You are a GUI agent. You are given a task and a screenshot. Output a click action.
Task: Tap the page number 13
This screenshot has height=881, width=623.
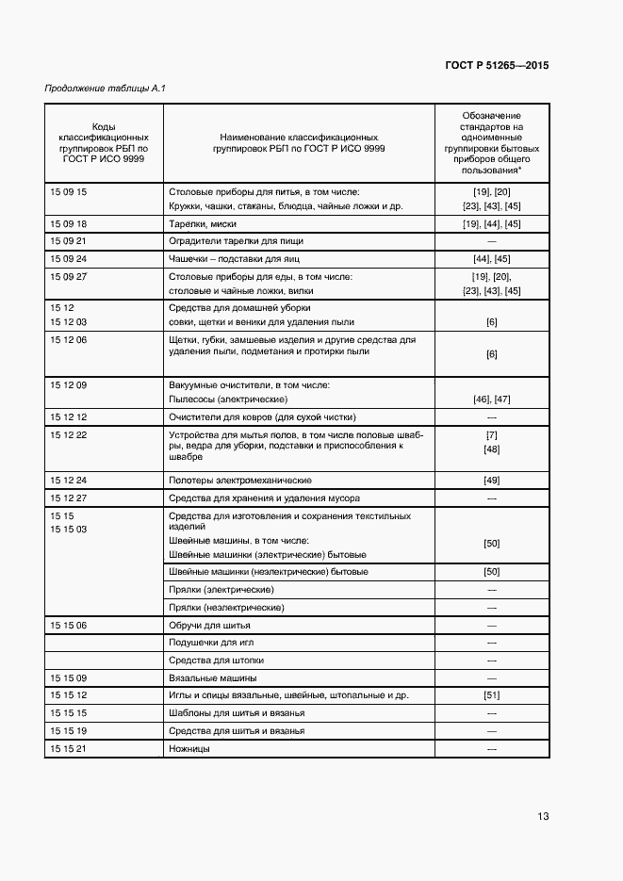click(x=543, y=816)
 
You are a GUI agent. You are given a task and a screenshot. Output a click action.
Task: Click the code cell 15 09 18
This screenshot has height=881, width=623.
click(x=68, y=224)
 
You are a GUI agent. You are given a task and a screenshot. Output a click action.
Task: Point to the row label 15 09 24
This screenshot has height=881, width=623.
click(x=68, y=258)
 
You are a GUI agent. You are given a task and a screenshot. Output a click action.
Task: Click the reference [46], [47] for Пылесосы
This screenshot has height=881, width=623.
click(x=491, y=400)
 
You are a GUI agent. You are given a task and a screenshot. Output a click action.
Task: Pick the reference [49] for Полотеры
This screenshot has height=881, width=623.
click(x=491, y=481)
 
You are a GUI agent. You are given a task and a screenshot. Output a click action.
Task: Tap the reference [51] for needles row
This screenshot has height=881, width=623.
click(x=491, y=695)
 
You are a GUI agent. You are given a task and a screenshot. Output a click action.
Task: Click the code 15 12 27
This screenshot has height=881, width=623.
click(x=68, y=498)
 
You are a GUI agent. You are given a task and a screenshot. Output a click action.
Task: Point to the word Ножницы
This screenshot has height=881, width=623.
click(x=189, y=748)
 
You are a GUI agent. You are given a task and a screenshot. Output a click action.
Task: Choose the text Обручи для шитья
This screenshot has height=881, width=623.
click(x=209, y=625)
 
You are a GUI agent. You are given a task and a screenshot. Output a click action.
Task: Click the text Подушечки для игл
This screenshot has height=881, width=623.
click(x=212, y=643)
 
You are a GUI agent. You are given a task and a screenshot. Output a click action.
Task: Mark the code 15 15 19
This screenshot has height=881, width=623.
click(x=68, y=730)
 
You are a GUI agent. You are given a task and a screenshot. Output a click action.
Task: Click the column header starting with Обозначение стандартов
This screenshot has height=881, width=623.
click(x=491, y=142)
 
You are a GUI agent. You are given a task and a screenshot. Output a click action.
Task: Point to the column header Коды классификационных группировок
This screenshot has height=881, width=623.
click(x=104, y=142)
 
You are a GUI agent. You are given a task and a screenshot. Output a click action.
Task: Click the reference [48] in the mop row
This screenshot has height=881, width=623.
click(x=491, y=449)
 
